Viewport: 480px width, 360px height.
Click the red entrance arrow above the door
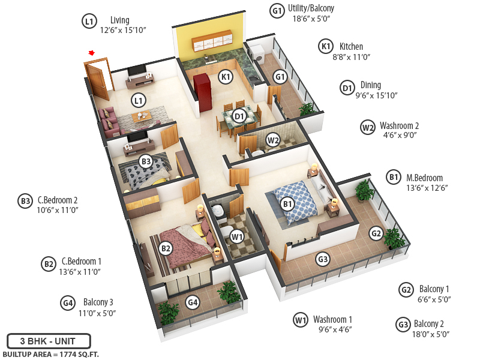click(91, 53)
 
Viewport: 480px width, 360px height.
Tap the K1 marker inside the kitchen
click(226, 77)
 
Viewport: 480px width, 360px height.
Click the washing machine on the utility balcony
click(256, 54)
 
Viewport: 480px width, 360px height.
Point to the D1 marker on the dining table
click(239, 116)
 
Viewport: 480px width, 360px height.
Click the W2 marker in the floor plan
click(274, 140)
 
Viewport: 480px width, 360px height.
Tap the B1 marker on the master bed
click(289, 204)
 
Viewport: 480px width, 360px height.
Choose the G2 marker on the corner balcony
click(376, 233)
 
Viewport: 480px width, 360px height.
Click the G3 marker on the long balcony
click(323, 260)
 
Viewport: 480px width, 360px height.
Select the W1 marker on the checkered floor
click(237, 237)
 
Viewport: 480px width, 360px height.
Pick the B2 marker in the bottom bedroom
click(166, 247)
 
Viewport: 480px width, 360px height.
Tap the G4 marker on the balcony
click(193, 302)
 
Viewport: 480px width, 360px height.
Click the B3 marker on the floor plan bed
click(146, 161)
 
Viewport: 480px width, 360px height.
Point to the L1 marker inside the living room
click(139, 100)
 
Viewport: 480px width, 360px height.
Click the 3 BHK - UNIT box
click(49, 341)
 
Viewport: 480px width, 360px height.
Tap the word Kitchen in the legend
click(351, 46)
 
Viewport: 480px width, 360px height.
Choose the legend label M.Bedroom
click(424, 178)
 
